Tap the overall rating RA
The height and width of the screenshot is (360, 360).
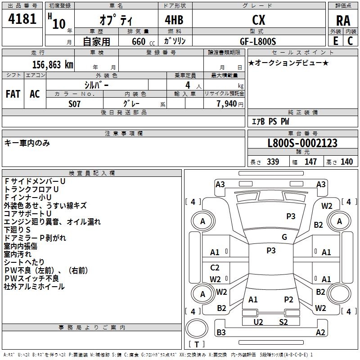(x=342, y=20)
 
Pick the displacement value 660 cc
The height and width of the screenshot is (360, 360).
(x=138, y=41)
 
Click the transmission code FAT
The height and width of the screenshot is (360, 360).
(x=13, y=94)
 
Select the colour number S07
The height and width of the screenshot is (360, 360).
(x=75, y=104)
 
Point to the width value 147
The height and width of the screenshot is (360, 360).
(x=310, y=162)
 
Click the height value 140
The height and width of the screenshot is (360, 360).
(x=346, y=162)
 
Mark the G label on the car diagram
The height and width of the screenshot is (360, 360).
(x=284, y=237)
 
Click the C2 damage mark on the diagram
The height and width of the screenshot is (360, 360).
(x=215, y=268)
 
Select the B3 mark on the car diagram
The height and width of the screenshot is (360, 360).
(x=221, y=333)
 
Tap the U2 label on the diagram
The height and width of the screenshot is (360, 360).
(x=258, y=322)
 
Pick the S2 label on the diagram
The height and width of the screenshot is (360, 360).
(x=283, y=322)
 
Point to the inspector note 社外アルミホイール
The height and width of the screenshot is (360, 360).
(x=34, y=287)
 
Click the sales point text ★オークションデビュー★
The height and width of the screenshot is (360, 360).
(x=288, y=63)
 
